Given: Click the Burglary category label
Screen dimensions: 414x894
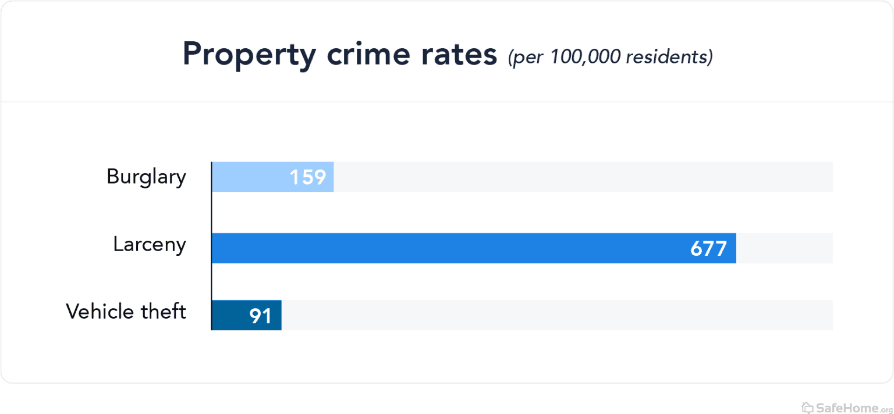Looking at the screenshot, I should (x=146, y=177).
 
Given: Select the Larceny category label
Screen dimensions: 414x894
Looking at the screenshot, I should (x=150, y=245).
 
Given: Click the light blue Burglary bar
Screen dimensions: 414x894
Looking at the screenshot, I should (x=250, y=177).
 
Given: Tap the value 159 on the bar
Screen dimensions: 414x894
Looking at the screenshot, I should (x=308, y=177).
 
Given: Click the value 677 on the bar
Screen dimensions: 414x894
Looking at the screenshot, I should (x=708, y=249).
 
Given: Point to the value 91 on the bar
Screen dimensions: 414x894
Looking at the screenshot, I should (x=261, y=316).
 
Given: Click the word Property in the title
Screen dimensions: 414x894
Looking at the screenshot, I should (x=249, y=55).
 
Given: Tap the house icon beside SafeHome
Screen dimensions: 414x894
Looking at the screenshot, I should (x=807, y=406).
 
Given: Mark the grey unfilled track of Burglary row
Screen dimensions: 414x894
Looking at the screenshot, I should (x=582, y=177).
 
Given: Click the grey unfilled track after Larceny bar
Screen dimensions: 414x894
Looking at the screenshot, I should (x=785, y=248).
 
